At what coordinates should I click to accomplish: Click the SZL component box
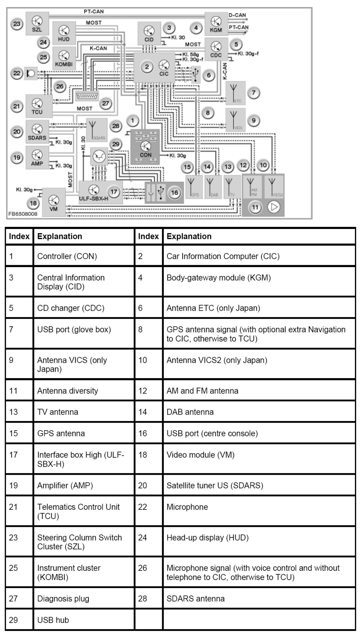37,23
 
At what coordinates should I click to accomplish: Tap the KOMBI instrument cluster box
64,58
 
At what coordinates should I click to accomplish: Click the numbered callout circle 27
106,103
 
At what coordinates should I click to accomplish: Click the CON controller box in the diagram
146,147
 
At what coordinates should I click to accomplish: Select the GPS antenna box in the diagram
193,186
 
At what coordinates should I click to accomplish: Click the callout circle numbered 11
255,207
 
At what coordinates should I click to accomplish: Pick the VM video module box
53,203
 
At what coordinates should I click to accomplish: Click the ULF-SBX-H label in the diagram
93,198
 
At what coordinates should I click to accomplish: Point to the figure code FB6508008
23,214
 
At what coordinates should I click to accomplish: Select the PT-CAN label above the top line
94,11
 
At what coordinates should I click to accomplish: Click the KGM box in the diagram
216,24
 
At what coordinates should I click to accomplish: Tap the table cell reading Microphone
187,507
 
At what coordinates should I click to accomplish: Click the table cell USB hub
53,620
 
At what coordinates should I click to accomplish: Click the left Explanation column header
60,236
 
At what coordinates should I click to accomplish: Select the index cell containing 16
143,433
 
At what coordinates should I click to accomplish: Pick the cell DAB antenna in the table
190,412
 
